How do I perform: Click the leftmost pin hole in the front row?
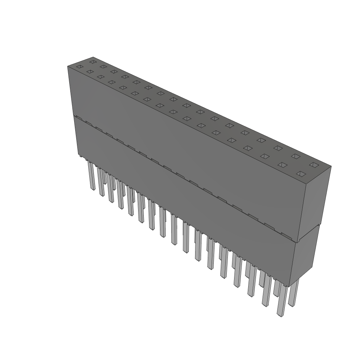click(80, 67)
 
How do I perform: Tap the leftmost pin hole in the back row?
click(92, 62)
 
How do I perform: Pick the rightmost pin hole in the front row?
click(301, 174)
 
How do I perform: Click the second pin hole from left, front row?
click(90, 72)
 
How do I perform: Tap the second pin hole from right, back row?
click(295, 156)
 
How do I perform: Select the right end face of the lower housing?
click(304, 257)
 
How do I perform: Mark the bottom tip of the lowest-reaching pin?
click(280, 316)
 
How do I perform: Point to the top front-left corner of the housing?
click(67, 66)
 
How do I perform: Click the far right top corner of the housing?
click(331, 167)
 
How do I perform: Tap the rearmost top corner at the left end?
click(93, 57)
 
